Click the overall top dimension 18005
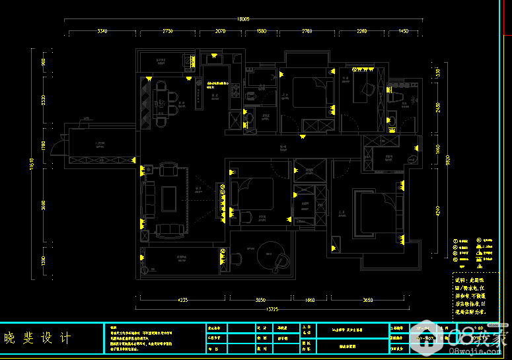[x=243, y=20]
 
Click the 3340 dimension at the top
[x=102, y=31]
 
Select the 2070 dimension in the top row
[x=220, y=31]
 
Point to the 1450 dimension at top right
[x=403, y=31]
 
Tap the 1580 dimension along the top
[x=261, y=31]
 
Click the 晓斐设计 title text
[x=38, y=338]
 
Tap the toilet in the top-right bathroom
[x=398, y=97]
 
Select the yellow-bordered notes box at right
[x=475, y=297]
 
